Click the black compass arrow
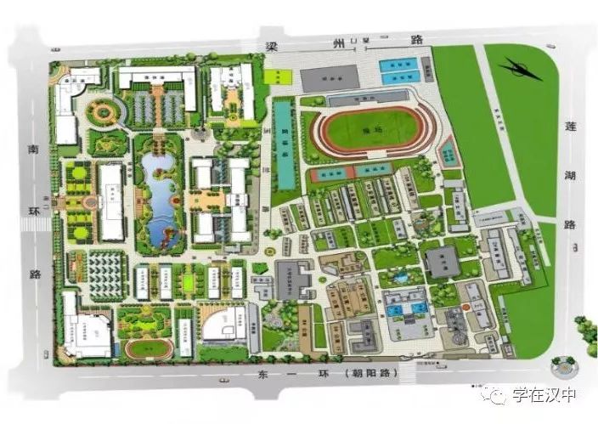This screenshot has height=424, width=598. [x=520, y=68]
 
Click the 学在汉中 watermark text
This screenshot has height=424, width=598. [x=543, y=396]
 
